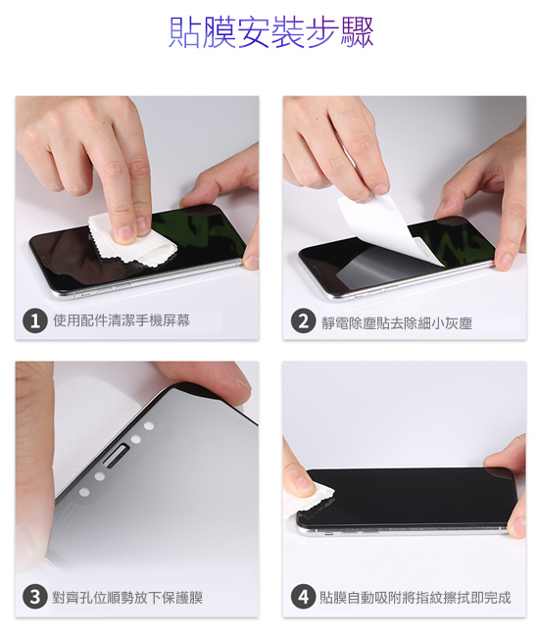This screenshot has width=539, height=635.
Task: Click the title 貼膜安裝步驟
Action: click(270, 32)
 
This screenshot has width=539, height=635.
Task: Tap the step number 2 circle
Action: click(303, 320)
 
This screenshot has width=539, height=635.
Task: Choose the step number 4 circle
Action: click(303, 597)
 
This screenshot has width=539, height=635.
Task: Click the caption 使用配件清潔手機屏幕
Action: click(122, 320)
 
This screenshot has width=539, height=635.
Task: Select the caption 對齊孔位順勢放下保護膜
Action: click(127, 597)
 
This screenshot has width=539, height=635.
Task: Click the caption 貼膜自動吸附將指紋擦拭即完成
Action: click(416, 597)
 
